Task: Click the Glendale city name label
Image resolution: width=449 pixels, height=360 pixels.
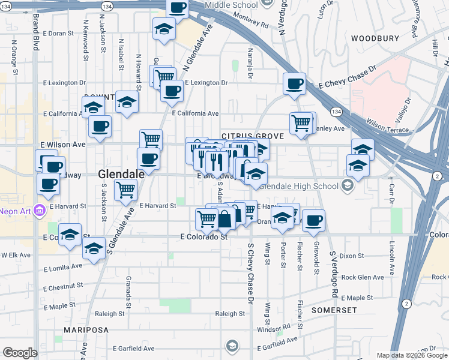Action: tap(121, 174)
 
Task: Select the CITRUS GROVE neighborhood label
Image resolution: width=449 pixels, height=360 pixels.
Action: tap(252, 136)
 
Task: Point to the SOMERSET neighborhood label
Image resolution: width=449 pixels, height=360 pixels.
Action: tap(334, 310)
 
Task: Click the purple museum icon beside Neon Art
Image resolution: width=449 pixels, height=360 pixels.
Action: tap(40, 211)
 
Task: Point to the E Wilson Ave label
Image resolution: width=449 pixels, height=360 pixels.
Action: tap(63, 145)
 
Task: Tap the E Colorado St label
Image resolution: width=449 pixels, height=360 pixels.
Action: tap(205, 237)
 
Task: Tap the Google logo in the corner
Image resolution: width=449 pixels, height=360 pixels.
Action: tap(20, 353)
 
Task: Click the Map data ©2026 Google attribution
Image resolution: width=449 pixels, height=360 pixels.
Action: tap(411, 355)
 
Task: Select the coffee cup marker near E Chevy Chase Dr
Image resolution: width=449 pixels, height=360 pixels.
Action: tap(294, 85)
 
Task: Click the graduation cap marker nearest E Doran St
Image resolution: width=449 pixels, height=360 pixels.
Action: tap(164, 29)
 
